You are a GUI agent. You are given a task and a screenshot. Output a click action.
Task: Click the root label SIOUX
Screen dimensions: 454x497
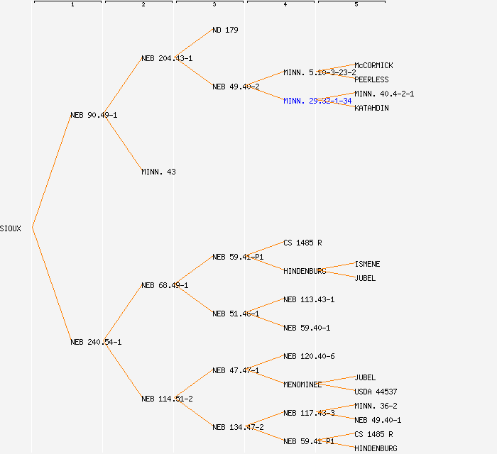pyautogui.click(x=11, y=228)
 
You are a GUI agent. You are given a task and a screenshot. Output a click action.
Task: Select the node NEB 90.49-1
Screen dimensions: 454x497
pyautogui.click(x=94, y=115)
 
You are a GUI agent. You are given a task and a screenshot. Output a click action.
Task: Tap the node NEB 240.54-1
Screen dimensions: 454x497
pyautogui.click(x=96, y=342)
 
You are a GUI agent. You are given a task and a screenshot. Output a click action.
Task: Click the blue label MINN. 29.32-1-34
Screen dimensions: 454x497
pyautogui.click(x=317, y=101)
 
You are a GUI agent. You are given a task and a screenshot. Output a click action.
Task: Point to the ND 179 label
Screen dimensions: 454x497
pyautogui.click(x=225, y=30)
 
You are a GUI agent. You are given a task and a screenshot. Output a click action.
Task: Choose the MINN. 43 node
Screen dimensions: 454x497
pyautogui.click(x=158, y=172)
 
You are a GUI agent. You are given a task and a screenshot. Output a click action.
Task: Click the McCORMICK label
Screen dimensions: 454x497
pyautogui.click(x=373, y=65)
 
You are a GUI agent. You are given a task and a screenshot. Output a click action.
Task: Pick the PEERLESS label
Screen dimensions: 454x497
pyautogui.click(x=371, y=79)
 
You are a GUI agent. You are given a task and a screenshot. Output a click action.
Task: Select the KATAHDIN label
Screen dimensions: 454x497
pyautogui.click(x=371, y=108)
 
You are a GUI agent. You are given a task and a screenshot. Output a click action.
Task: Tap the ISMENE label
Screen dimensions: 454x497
pyautogui.click(x=367, y=264)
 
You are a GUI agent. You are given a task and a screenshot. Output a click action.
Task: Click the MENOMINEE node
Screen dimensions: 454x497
pyautogui.click(x=302, y=384)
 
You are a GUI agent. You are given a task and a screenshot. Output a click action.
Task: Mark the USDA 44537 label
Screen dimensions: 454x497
pyautogui.click(x=376, y=392)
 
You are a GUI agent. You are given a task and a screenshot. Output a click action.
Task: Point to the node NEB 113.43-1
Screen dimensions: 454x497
pyautogui.click(x=309, y=299)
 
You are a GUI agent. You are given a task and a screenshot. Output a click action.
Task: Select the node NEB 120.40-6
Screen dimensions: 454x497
pyautogui.click(x=309, y=356)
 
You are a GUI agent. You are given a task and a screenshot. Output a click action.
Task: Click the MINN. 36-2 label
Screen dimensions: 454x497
pyautogui.click(x=376, y=406)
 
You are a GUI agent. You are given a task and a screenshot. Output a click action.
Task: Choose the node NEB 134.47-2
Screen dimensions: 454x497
pyautogui.click(x=238, y=427)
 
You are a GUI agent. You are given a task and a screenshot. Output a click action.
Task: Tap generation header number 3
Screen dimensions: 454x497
pyautogui.click(x=214, y=5)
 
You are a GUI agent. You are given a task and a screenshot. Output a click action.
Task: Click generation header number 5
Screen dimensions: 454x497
pyautogui.click(x=356, y=5)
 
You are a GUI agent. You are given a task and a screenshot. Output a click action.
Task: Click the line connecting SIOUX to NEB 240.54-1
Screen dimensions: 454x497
pyautogui.click(x=51, y=285)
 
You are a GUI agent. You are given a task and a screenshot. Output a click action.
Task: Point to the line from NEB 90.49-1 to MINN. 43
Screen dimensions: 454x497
pyautogui.click(x=122, y=143)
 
